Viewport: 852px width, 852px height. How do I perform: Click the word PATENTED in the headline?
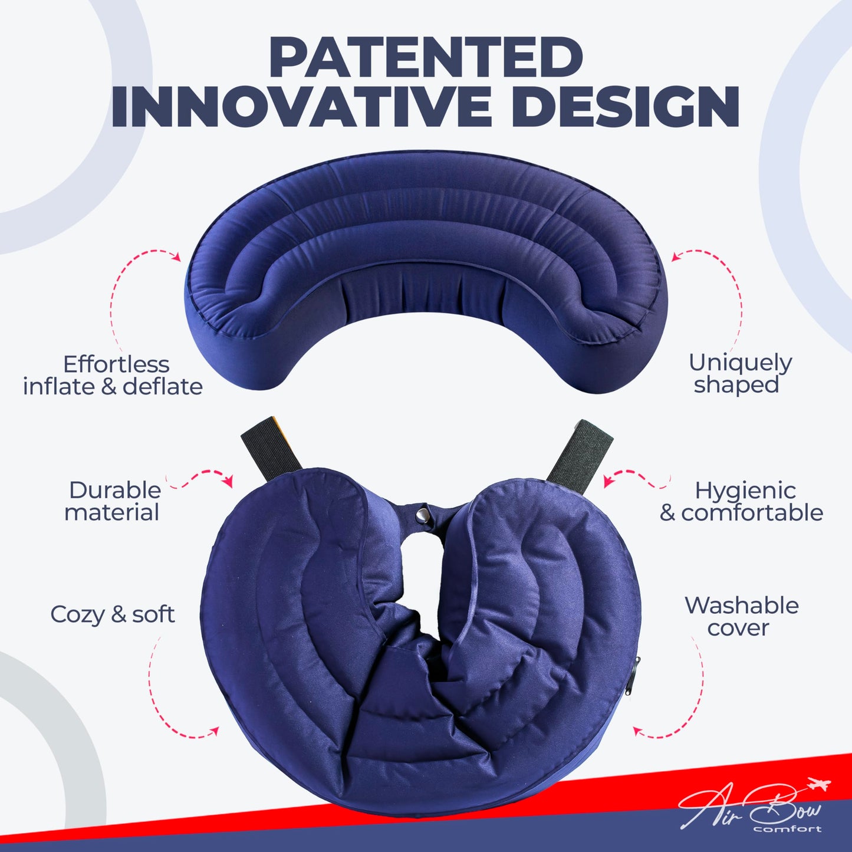pos(426,57)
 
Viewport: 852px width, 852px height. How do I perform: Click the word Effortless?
pos(116,364)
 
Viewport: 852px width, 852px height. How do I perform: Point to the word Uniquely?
pos(740,363)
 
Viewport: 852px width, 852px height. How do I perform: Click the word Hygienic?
pos(745,490)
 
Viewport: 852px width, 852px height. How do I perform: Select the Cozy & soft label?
pos(112,614)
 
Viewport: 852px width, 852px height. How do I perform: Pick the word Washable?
pos(741,606)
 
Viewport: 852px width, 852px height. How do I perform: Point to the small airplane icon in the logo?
pos(819,785)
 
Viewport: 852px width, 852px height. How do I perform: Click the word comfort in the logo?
pos(787,828)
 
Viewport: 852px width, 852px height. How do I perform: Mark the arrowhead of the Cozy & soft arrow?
pos(215,731)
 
